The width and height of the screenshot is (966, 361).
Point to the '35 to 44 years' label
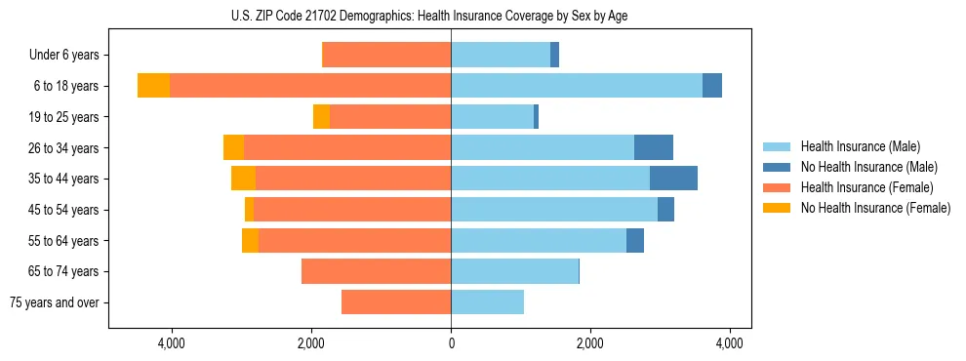click(x=63, y=179)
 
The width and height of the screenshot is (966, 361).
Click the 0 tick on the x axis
click(x=451, y=343)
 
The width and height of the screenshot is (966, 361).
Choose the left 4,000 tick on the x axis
click(x=171, y=343)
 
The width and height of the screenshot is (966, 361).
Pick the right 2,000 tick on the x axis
click(x=590, y=343)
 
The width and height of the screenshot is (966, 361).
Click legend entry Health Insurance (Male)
click(x=860, y=146)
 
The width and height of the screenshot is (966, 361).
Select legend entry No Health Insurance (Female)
click(x=875, y=208)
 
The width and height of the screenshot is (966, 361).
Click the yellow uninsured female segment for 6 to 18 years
click(x=153, y=86)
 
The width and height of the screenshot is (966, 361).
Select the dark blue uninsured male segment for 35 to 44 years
click(x=673, y=179)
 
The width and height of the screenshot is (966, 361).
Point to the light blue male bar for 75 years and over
click(x=487, y=302)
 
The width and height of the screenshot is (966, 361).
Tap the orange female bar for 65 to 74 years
click(x=376, y=271)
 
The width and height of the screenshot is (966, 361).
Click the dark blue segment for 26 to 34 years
click(x=654, y=147)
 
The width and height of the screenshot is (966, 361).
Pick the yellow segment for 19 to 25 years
click(x=321, y=117)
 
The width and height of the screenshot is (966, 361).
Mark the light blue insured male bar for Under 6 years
click(x=500, y=55)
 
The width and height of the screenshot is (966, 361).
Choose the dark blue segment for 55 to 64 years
click(x=635, y=240)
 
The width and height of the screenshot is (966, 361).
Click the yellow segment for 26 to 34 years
click(x=233, y=147)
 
